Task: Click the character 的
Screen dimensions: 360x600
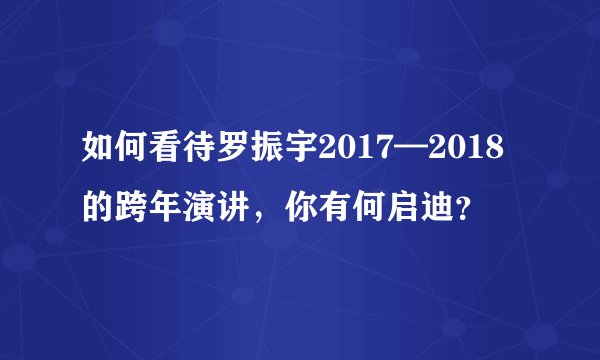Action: [x=98, y=209]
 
